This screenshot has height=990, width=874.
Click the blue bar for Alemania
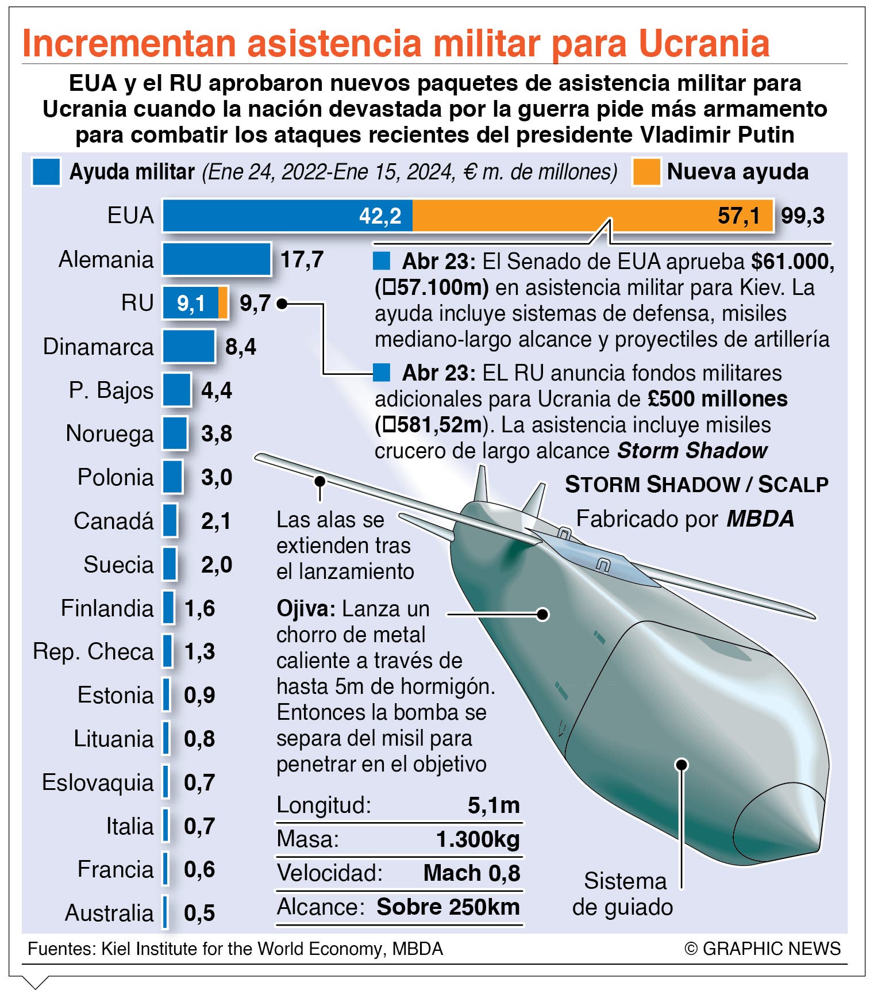(x=217, y=259)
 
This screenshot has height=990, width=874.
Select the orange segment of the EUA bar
(x=592, y=216)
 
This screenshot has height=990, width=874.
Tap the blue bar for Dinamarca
(x=188, y=346)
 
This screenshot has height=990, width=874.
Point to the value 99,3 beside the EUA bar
(x=803, y=216)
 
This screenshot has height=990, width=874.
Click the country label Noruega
(x=110, y=434)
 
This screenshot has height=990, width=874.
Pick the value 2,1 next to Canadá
(x=216, y=521)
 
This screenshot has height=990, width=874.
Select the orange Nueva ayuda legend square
(x=646, y=172)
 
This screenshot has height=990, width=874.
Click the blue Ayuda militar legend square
(x=47, y=172)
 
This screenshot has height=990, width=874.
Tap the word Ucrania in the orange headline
(x=704, y=43)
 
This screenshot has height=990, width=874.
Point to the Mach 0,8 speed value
(x=472, y=873)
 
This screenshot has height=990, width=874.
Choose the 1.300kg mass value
(x=478, y=839)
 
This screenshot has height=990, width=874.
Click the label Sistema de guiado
(x=623, y=894)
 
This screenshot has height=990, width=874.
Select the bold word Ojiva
(x=306, y=608)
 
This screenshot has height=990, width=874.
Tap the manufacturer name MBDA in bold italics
(x=760, y=519)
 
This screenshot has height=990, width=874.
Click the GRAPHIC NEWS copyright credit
(x=763, y=949)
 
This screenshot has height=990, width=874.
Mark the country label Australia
(x=109, y=913)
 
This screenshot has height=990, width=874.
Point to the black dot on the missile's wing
(x=320, y=480)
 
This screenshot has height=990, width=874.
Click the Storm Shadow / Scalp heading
(x=696, y=485)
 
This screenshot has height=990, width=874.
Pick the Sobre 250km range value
(x=448, y=907)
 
